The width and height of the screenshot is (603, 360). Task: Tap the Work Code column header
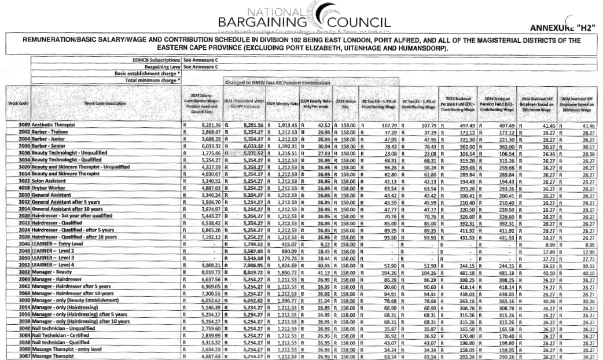coord(16,103)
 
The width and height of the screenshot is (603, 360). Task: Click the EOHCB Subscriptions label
coord(152,60)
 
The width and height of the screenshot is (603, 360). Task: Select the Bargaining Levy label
coord(160,67)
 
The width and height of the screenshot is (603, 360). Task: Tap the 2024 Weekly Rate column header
coord(281,103)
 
